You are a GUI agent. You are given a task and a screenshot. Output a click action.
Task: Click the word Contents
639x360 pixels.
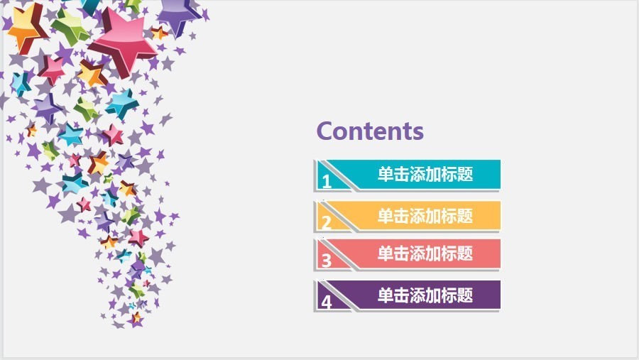pyautogui.click(x=370, y=131)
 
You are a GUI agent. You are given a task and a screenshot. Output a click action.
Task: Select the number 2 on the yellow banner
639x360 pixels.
pyautogui.click(x=327, y=223)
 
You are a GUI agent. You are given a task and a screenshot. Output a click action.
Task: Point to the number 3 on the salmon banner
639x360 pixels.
pyautogui.click(x=327, y=261)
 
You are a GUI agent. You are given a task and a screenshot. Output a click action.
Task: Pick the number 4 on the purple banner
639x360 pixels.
pyautogui.click(x=327, y=302)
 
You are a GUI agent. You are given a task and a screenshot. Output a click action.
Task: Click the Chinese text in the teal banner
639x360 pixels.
pyautogui.click(x=425, y=174)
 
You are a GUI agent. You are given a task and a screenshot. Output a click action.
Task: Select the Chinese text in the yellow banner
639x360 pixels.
pyautogui.click(x=425, y=216)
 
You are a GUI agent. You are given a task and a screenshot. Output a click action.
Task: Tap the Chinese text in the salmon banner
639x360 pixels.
pyautogui.click(x=425, y=253)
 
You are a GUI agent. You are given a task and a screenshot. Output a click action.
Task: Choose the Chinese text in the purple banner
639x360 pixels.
pyautogui.click(x=425, y=295)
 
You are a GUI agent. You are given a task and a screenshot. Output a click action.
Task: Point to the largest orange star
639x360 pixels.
pyautogui.click(x=26, y=28)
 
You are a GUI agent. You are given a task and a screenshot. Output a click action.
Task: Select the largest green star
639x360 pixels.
pyautogui.click(x=70, y=26)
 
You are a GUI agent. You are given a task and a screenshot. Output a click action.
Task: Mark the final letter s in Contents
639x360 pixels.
pyautogui.click(x=417, y=133)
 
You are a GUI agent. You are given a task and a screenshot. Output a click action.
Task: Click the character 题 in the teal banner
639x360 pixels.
pyautogui.click(x=465, y=174)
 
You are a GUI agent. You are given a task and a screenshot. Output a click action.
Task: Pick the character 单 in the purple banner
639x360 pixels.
pyautogui.click(x=385, y=295)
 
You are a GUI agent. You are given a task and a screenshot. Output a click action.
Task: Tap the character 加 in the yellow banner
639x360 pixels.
pyautogui.click(x=433, y=216)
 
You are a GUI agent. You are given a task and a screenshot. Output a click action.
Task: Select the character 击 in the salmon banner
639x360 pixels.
pyautogui.click(x=401, y=253)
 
